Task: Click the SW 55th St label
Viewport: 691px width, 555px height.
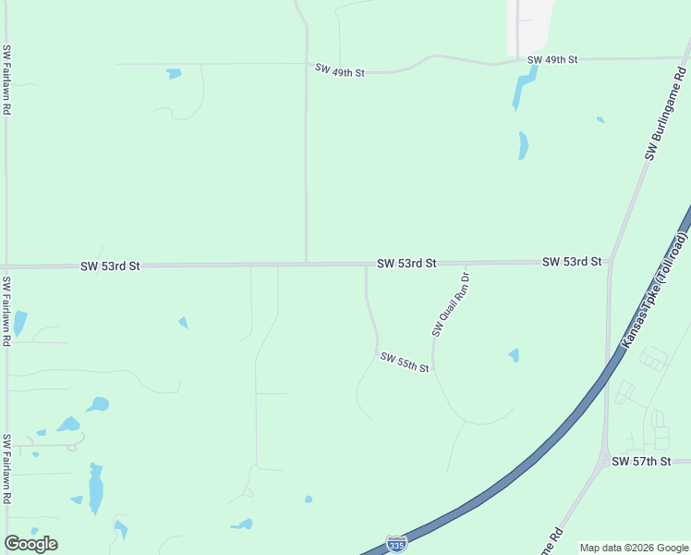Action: point(405,363)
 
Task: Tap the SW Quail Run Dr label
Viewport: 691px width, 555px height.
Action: point(451,304)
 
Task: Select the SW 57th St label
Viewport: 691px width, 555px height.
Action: point(640,461)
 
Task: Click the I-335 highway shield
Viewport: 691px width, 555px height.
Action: point(396,543)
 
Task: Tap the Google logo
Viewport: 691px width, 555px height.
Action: point(30,544)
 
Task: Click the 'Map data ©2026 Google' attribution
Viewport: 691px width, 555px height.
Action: point(635,548)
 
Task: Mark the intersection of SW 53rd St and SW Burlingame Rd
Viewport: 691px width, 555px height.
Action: point(610,263)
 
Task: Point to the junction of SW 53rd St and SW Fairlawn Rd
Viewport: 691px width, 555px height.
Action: point(7,266)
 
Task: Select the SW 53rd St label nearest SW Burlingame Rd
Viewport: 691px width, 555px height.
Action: point(572,262)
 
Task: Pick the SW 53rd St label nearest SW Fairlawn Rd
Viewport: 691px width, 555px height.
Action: point(110,265)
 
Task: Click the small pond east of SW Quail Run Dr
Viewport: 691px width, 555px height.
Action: point(514,355)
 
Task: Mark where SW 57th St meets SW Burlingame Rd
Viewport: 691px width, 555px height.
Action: point(605,461)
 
